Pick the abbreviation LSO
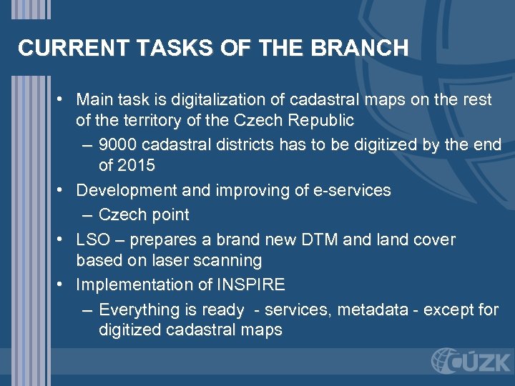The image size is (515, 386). (x=92, y=239)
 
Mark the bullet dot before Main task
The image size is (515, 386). (x=64, y=99)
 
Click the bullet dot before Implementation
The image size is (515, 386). (x=64, y=284)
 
